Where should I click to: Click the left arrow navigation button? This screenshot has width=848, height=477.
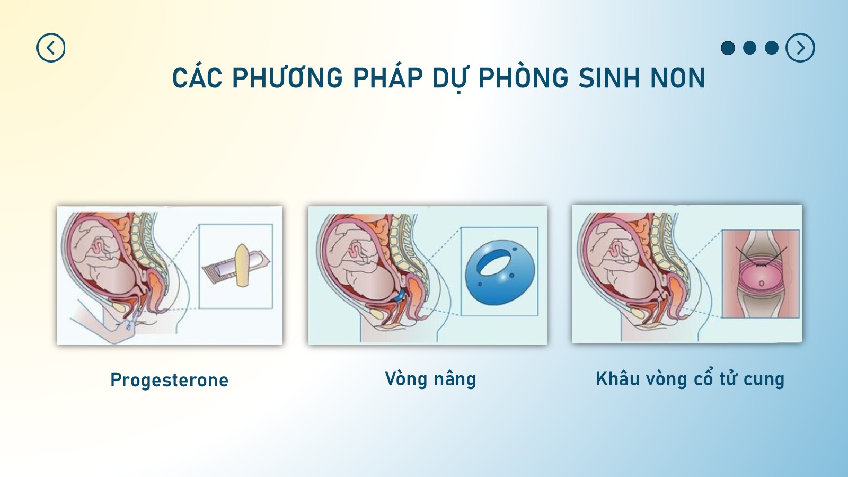click(x=51, y=48)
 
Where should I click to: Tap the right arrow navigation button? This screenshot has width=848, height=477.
click(x=800, y=48)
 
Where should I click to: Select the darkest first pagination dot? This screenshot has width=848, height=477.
click(x=728, y=48)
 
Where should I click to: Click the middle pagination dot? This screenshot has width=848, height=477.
click(x=749, y=48)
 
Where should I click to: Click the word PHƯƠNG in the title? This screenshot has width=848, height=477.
click(x=287, y=78)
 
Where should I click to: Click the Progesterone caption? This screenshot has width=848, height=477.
click(x=169, y=380)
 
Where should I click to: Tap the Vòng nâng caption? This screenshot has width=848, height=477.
click(x=430, y=379)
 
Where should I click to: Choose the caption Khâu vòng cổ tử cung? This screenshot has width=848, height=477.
click(x=690, y=379)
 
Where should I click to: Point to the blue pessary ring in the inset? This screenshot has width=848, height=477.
click(x=500, y=272)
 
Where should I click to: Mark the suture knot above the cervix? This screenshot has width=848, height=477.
click(x=760, y=266)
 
